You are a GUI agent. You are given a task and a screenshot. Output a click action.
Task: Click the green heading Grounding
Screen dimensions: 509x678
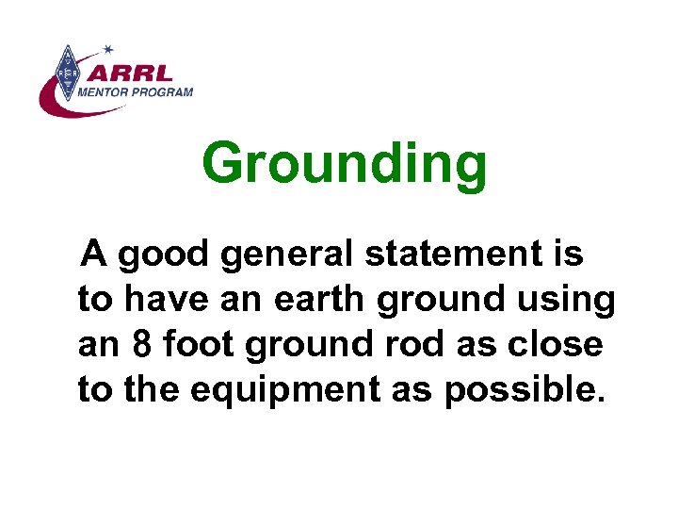[x=345, y=164]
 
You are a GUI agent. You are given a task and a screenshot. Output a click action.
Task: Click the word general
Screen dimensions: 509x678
[x=299, y=254]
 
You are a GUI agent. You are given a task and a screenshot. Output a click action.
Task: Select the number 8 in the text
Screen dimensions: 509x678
[x=141, y=345]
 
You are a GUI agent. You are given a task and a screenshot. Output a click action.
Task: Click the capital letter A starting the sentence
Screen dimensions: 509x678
[x=93, y=254]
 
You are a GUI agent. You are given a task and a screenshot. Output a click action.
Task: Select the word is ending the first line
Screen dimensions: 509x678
[x=570, y=254]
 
